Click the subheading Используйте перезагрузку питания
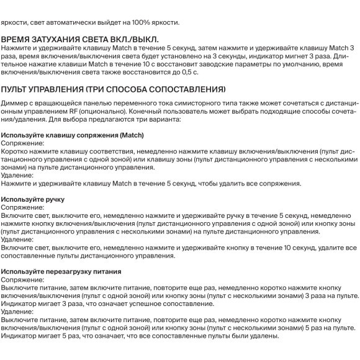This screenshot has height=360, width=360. point(61,272)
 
